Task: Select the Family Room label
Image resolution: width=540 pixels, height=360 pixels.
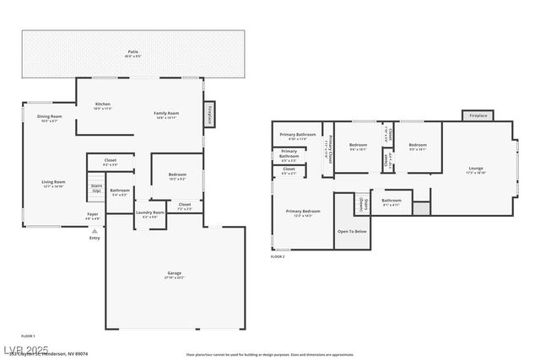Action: (x=165, y=115)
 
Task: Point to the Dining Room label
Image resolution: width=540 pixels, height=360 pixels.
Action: (x=49, y=118)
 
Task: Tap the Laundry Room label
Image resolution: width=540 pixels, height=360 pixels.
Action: (x=149, y=214)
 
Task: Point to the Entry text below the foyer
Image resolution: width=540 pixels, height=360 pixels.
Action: (x=94, y=238)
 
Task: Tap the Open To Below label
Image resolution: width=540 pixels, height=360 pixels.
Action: (x=352, y=231)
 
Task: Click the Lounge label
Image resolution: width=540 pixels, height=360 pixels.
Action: (x=476, y=170)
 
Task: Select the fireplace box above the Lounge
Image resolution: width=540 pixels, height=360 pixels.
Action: (x=478, y=116)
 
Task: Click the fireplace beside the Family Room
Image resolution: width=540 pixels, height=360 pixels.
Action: (x=208, y=116)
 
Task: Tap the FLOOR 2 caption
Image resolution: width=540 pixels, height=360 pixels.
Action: (x=278, y=256)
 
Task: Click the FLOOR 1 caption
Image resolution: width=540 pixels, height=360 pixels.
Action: (x=28, y=336)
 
